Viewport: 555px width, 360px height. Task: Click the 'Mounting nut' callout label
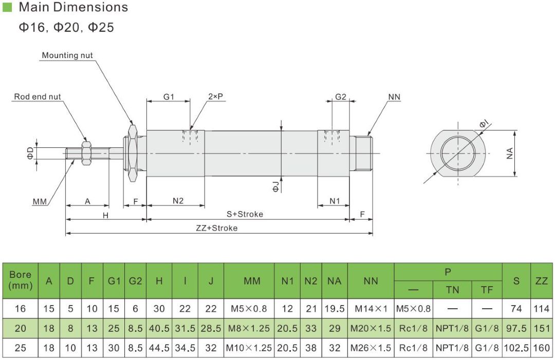click(67, 55)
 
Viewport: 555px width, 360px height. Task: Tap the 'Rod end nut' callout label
click(38, 97)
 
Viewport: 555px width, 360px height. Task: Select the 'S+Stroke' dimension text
click(245, 214)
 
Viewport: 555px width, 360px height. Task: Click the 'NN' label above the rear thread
click(394, 97)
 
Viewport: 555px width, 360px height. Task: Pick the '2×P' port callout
click(216, 97)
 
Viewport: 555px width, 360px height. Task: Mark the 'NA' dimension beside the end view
click(510, 153)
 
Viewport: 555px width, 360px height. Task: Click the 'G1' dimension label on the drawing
click(169, 97)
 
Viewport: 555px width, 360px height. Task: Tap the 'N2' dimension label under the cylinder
click(178, 201)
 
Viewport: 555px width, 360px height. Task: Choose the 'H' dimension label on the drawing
click(105, 215)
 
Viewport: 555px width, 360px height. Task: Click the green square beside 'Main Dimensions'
click(7, 7)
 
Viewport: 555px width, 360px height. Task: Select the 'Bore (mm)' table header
click(21, 280)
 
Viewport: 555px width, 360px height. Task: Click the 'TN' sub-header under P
click(452, 290)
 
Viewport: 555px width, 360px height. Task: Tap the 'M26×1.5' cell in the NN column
click(371, 348)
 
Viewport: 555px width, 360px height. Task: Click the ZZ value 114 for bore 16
click(542, 309)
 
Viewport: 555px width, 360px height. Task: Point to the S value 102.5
click(516, 348)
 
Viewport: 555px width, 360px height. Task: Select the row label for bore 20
click(21, 328)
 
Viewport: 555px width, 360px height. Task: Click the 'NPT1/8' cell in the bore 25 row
click(452, 348)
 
